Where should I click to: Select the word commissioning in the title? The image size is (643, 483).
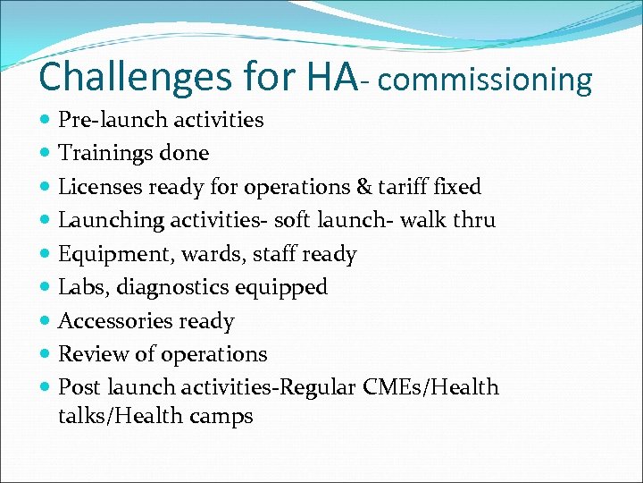(x=486, y=80)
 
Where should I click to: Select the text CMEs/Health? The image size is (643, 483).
(x=431, y=387)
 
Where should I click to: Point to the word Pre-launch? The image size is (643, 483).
(x=107, y=120)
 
